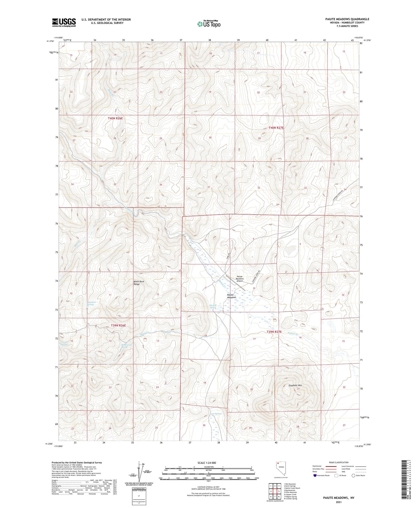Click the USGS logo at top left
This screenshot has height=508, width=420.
[64, 22]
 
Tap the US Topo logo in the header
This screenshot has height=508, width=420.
[209, 24]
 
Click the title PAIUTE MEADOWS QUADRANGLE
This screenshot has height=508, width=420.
[347, 19]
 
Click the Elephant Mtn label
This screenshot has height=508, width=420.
[295, 386]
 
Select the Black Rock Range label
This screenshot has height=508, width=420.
[139, 283]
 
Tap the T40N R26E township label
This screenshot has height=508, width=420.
[115, 119]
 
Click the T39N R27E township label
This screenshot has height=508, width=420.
[274, 332]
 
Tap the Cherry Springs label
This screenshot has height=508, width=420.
[64, 344]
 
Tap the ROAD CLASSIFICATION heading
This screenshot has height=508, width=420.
[339, 462]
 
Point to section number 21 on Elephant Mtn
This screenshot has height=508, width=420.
[298, 389]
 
